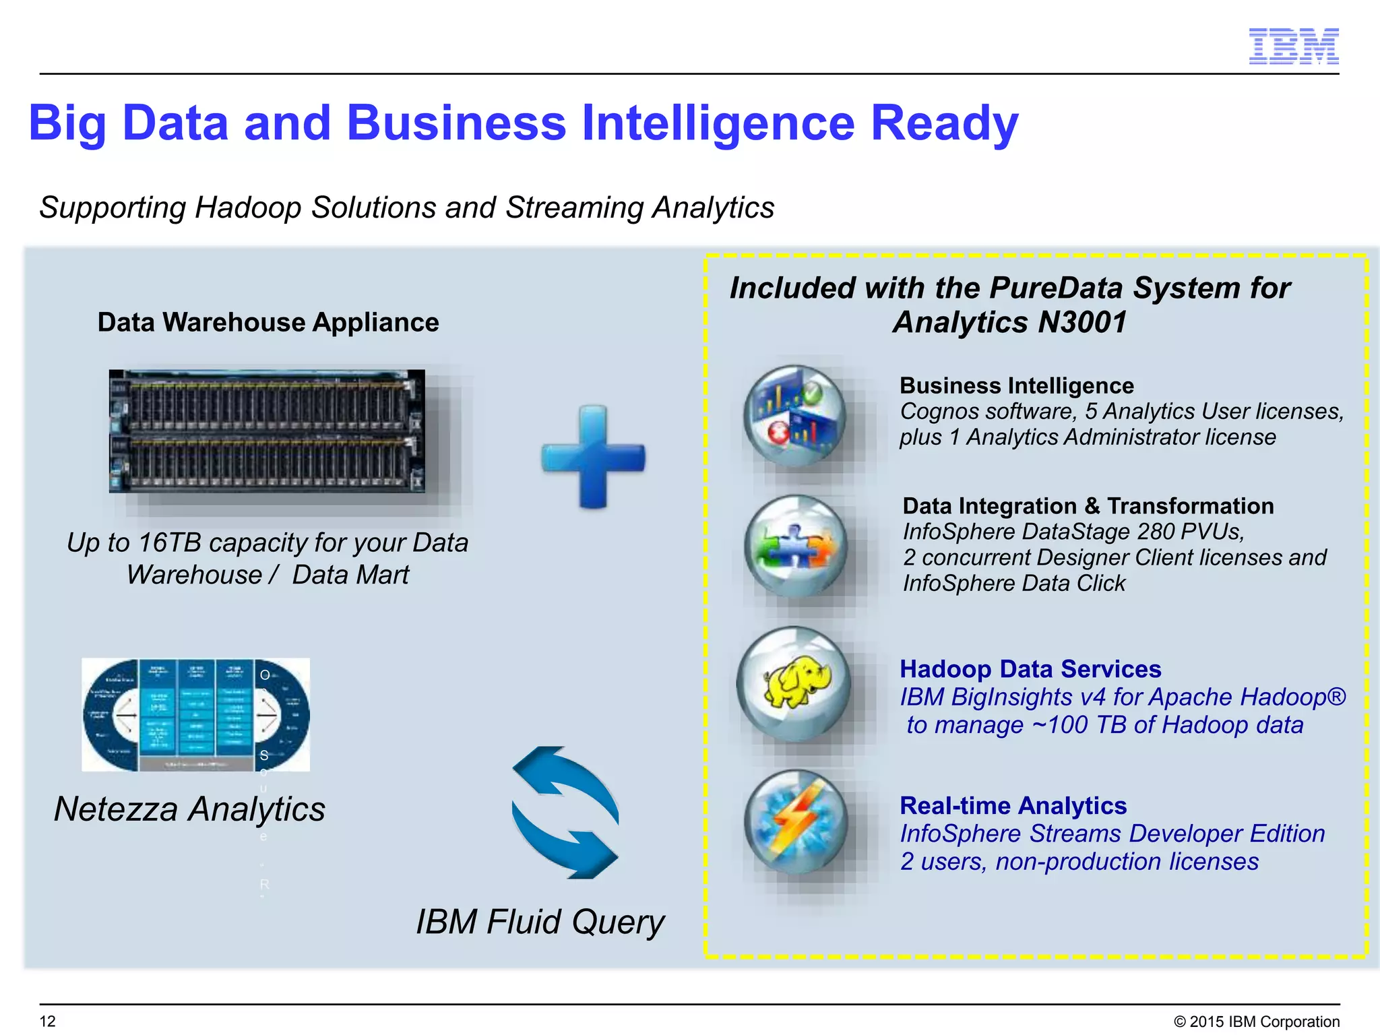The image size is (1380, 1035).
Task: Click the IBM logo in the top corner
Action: [1293, 46]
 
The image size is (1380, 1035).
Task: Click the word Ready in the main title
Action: [944, 123]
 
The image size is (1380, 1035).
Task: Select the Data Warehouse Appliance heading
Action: [268, 322]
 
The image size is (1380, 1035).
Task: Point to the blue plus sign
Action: [593, 457]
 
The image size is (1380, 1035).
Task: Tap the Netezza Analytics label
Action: [189, 809]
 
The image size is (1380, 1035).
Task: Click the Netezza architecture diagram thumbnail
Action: [195, 714]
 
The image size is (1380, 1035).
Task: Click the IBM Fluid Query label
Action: [540, 922]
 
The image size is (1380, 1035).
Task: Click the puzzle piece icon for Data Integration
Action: [796, 546]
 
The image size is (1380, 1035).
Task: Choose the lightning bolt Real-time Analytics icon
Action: [796, 822]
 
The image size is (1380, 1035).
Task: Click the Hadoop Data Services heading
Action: [1030, 669]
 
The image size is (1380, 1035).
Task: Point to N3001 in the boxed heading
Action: [1082, 322]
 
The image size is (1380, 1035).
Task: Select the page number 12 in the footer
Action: [48, 1021]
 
